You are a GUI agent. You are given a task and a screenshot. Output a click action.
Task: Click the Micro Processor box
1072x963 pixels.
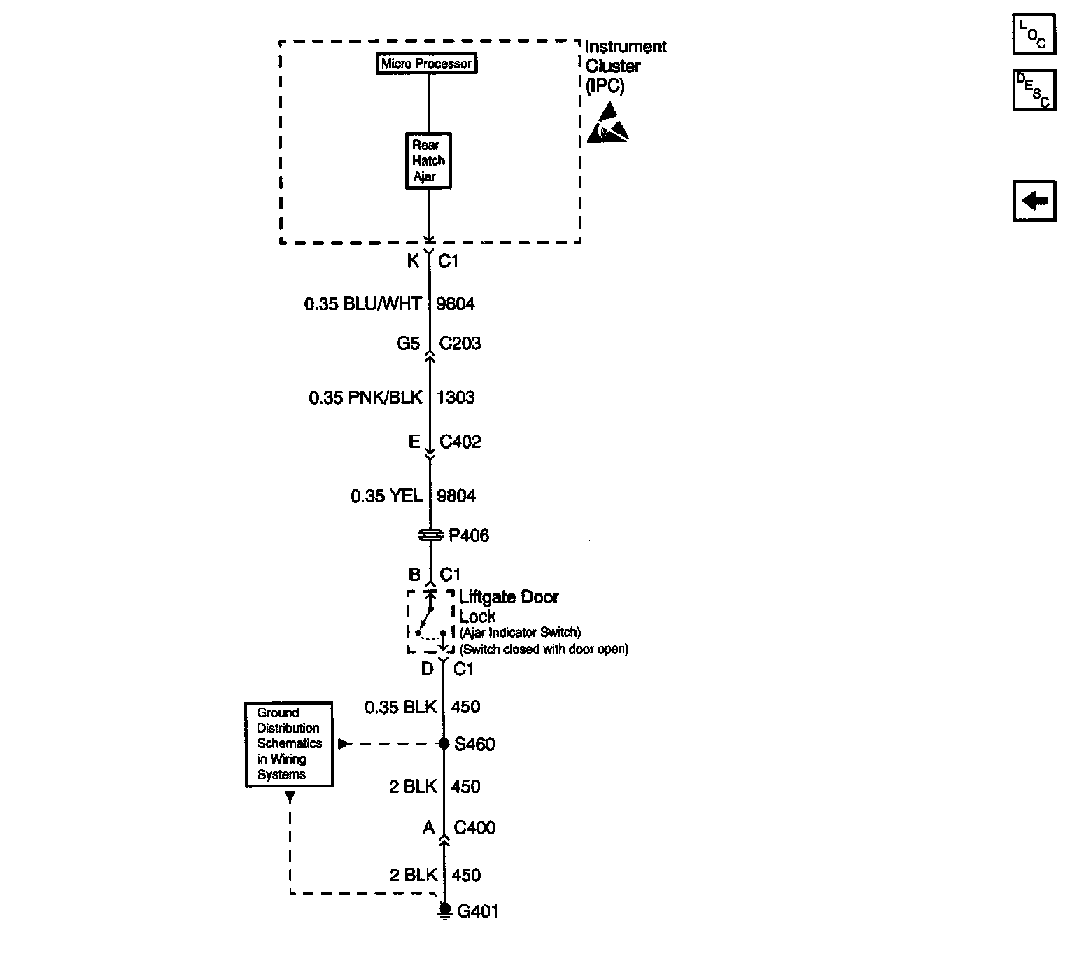426,64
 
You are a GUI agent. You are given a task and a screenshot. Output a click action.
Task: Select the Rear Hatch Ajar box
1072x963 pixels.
428,161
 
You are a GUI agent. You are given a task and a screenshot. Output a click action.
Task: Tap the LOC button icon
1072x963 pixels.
1034,34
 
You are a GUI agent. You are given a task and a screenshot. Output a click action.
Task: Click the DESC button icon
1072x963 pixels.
1034,90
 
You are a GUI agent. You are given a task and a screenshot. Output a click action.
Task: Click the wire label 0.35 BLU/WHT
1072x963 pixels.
362,304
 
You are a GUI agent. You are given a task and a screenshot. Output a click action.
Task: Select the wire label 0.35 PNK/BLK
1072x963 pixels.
365,398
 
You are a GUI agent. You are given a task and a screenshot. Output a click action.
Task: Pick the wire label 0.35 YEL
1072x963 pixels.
386,495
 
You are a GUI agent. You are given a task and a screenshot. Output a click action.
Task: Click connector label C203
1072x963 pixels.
460,344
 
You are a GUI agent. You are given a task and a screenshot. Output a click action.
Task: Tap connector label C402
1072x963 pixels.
460,442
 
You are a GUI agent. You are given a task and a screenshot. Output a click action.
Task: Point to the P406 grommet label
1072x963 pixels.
469,535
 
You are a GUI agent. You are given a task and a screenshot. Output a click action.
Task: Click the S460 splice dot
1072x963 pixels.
444,744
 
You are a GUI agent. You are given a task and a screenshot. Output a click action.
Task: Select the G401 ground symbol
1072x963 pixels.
445,911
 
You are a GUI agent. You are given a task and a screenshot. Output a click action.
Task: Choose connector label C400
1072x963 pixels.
474,827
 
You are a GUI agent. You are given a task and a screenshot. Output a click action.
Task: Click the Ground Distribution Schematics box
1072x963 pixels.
289,745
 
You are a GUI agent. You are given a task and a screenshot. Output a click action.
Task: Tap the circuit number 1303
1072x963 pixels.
456,398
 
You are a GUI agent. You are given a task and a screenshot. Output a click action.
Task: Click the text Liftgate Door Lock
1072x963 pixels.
508,606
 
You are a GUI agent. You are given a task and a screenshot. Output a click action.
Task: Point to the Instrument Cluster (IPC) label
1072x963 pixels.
626,66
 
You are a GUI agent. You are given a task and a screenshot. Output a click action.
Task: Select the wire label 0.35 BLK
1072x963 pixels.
400,707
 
